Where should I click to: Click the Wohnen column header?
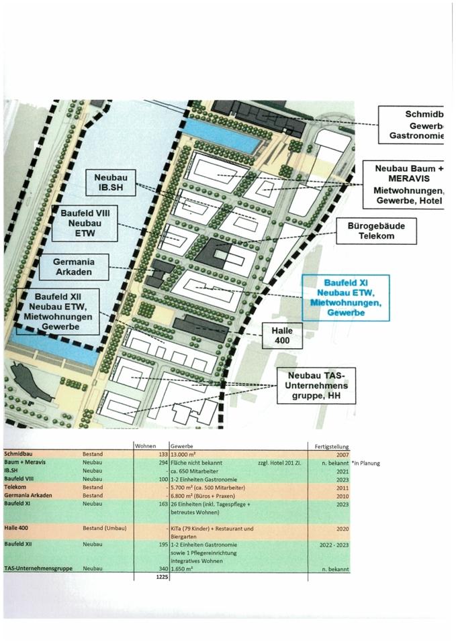click(145, 446)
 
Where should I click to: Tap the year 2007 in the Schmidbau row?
click(340, 453)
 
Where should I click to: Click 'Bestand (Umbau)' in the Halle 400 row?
click(106, 529)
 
